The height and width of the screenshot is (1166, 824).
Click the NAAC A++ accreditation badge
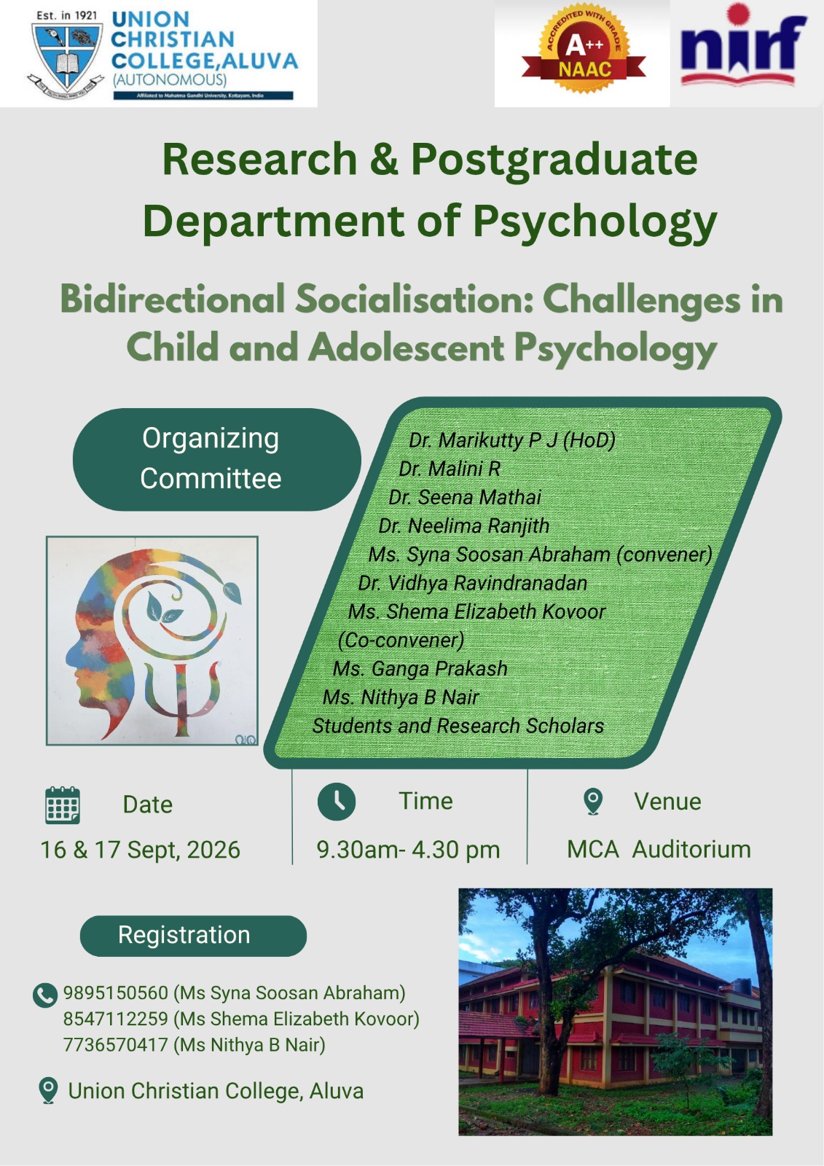[584, 54]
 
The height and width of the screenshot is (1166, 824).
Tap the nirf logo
[743, 46]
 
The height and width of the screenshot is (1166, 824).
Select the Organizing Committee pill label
[216, 458]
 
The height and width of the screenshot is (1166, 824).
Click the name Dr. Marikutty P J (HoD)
[511, 440]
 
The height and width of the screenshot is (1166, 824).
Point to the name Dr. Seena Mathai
[465, 497]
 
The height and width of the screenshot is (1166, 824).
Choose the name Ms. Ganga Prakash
[420, 668]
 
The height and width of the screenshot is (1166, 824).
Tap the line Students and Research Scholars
[458, 726]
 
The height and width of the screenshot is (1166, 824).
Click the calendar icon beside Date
[63, 805]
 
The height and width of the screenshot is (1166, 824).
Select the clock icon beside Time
[337, 802]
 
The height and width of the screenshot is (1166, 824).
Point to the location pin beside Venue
[593, 802]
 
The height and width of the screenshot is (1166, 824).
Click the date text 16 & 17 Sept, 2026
[141, 850]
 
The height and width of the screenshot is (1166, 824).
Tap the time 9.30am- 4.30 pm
[408, 850]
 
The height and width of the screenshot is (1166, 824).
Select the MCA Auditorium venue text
[659, 850]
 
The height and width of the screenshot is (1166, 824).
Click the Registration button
[193, 936]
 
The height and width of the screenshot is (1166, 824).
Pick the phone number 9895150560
[116, 993]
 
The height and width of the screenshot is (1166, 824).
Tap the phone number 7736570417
[116, 1045]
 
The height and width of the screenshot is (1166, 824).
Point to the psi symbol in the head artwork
[181, 697]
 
